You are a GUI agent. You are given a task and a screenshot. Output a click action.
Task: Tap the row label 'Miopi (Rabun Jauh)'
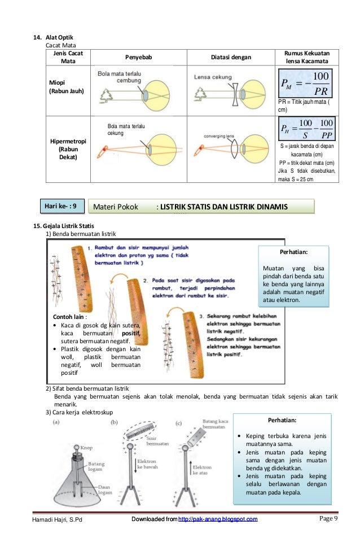65,86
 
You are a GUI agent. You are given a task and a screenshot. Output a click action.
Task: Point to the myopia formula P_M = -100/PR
305,83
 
